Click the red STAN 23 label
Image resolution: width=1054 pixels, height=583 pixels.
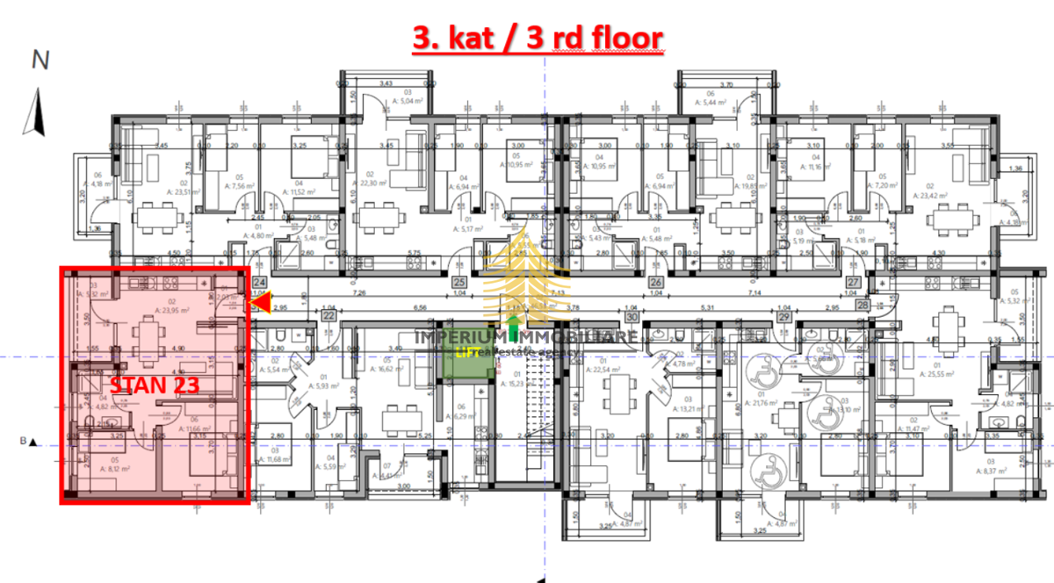click(155, 385)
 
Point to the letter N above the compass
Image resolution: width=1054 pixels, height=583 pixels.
click(40, 60)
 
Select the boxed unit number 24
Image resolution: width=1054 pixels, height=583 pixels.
click(259, 283)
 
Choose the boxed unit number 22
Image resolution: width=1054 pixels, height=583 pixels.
click(328, 315)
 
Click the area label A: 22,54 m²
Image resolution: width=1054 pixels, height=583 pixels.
click(605, 369)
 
